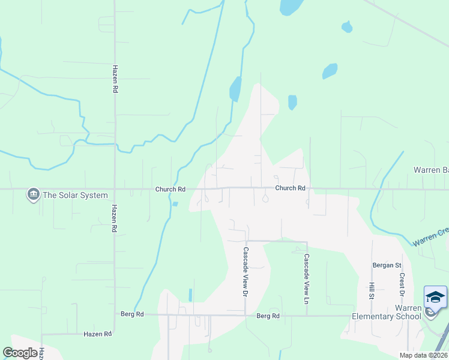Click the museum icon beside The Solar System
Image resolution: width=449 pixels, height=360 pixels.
[x=32, y=194]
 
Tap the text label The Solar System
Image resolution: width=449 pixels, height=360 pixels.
[x=76, y=195]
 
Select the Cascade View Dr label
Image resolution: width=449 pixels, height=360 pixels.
[x=245, y=272]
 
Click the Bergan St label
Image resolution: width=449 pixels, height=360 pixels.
[x=387, y=265]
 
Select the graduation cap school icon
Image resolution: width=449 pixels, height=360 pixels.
[x=435, y=297]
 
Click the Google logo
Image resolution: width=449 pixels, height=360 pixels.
[x=20, y=353]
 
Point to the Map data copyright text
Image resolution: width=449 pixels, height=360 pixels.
[x=423, y=355]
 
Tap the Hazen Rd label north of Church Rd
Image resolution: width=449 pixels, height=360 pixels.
[x=115, y=79]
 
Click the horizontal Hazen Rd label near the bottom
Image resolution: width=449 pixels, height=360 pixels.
[x=98, y=334]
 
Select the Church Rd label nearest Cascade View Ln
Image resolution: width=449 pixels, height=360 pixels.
[x=291, y=188]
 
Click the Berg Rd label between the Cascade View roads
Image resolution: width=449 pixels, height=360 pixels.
[x=268, y=316]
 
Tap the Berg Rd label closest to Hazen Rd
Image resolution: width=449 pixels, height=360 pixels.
[x=132, y=314]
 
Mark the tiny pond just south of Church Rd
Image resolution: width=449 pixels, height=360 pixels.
[x=175, y=204]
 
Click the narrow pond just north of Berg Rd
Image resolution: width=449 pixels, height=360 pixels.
[x=190, y=295]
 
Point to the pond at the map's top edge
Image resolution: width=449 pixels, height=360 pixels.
[x=291, y=6]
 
